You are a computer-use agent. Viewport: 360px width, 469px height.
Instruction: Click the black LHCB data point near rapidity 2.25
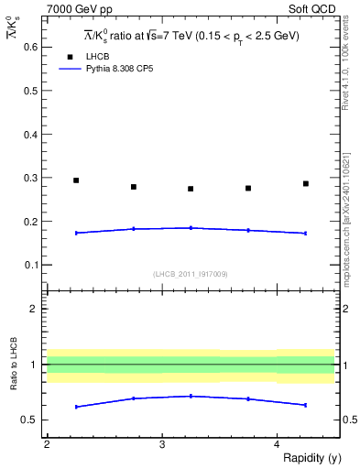coord(76,180)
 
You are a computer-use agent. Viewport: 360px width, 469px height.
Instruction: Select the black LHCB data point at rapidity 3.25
coord(191,189)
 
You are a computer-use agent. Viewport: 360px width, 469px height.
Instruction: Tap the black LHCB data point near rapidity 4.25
coord(306,183)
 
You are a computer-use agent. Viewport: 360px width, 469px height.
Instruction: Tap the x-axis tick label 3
coord(162,444)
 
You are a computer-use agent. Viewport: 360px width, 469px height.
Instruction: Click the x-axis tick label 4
coord(277,444)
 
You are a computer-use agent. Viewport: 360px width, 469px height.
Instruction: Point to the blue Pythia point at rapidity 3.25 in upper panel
coord(191,227)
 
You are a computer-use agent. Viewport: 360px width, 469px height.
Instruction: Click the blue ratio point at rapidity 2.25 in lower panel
coord(76,407)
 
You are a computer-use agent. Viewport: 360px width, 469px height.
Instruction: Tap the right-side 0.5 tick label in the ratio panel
coord(348,420)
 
